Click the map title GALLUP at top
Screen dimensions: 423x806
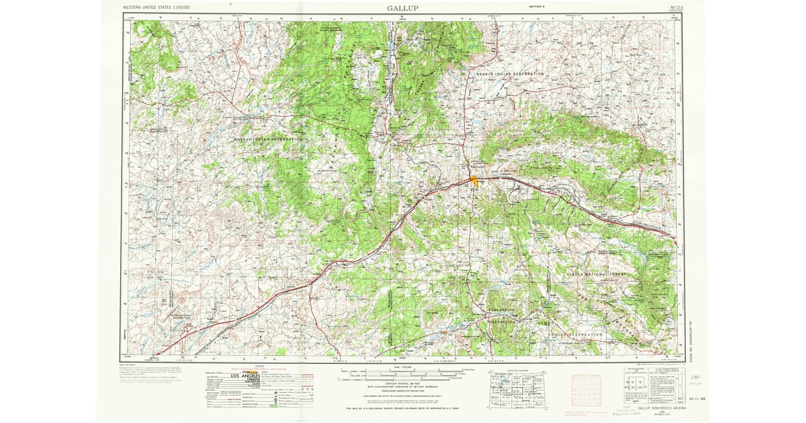(402, 8)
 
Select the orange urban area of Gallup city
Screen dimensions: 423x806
(474, 179)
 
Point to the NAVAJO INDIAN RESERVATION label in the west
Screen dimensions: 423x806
(269, 138)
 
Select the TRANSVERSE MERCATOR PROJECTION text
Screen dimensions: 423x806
(402, 395)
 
